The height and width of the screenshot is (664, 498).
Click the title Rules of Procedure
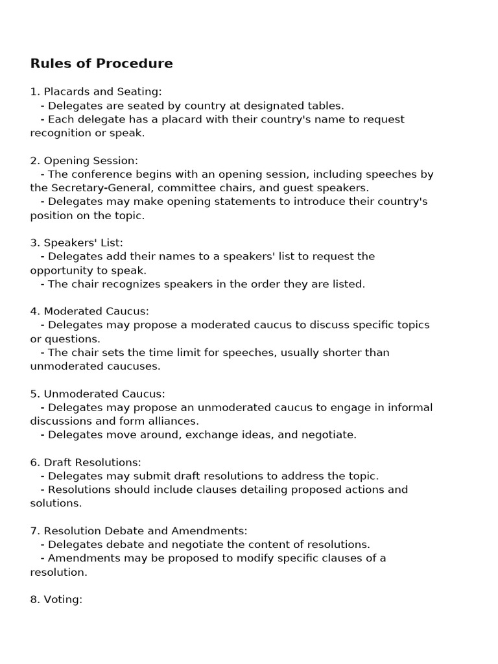tap(101, 64)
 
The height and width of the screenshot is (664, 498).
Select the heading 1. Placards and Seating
tap(96, 91)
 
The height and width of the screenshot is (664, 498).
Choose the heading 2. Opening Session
tap(84, 160)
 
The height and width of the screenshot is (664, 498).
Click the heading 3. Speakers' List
tap(77, 243)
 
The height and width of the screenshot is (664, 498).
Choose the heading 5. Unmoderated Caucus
tap(97, 394)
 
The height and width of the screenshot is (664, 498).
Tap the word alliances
tap(174, 421)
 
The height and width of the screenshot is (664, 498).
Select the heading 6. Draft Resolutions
tap(86, 462)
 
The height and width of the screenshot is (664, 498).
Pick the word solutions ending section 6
tap(56, 503)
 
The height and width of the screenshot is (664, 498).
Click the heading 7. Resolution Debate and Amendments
tap(139, 531)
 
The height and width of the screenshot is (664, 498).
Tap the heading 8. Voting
tap(56, 599)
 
